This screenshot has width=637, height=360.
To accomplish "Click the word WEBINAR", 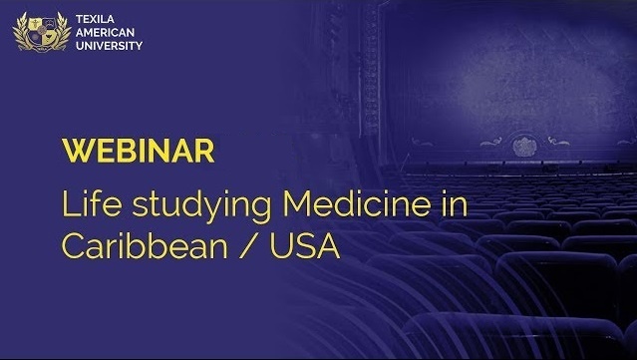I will coord(138,153).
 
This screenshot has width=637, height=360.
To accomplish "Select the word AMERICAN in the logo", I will coord(104,32).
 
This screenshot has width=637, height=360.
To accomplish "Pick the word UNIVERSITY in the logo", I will coord(109,46).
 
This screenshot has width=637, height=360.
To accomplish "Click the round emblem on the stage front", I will coord(522,146).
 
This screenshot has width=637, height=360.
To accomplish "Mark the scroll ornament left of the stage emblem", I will coord(490,143).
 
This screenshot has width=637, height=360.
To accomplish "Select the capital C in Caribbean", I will coord(75,244).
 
